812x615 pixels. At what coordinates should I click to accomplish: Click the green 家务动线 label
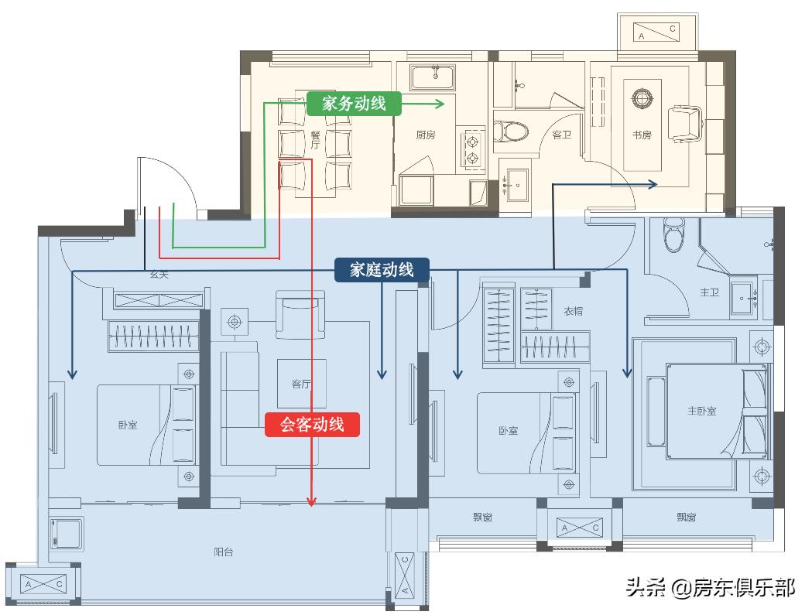[x=354, y=104]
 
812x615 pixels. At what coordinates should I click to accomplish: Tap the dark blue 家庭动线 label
[x=382, y=269]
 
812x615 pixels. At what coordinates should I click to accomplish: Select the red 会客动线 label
[x=312, y=424]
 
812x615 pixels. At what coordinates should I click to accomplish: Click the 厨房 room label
[x=425, y=135]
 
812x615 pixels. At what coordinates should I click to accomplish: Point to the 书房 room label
[x=642, y=135]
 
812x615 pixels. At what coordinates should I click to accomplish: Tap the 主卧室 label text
[x=701, y=411]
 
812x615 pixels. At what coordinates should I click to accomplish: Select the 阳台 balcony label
[x=224, y=552]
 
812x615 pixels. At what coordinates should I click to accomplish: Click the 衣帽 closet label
[x=573, y=311]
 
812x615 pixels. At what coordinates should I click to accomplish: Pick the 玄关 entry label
[x=159, y=275]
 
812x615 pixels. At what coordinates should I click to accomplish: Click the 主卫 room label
[x=710, y=292]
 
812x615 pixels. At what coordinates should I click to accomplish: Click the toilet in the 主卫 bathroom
[x=675, y=235]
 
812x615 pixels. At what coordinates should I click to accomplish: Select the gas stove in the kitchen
[x=471, y=149]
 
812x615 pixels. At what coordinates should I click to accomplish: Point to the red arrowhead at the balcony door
[x=312, y=501]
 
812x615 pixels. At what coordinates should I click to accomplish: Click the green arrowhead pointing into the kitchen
[x=440, y=104]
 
